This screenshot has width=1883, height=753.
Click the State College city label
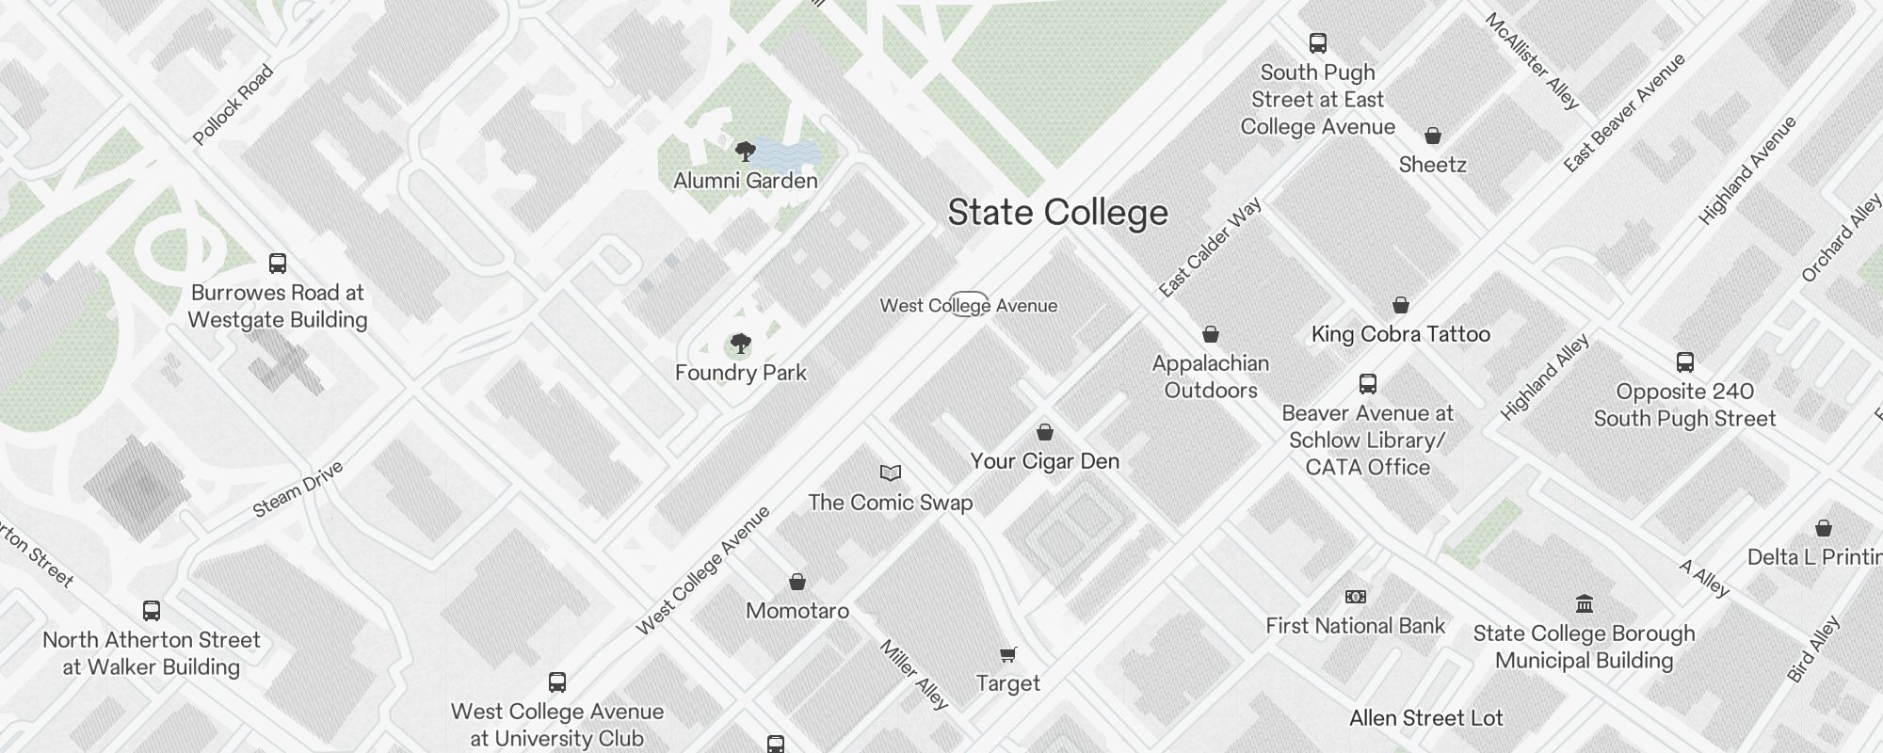point(1057,213)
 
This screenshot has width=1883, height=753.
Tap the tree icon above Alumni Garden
point(745,151)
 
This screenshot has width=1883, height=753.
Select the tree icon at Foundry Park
point(741,344)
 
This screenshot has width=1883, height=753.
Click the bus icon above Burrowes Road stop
point(278,263)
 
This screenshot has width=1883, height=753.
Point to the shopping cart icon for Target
point(1008,654)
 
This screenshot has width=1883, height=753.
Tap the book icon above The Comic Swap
point(891,473)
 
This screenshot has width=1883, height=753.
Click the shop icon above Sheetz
point(1433,136)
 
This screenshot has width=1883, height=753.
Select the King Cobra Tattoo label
point(1401,334)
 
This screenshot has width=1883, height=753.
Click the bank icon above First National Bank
point(1356,597)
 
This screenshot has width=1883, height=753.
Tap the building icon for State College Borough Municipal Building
point(1585,603)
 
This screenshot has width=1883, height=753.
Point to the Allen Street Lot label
point(1426,718)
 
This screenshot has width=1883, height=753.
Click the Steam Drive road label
point(298,489)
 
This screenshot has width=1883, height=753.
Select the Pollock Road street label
point(233,104)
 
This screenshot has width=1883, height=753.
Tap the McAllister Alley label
point(1532,61)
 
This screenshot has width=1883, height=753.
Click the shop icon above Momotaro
point(797,583)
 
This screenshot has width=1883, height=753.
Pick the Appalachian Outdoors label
point(1211,376)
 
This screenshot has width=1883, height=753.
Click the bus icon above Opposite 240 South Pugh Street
point(1685,362)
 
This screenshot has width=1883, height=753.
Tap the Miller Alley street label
point(913,674)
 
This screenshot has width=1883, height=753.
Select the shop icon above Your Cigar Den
point(1045,433)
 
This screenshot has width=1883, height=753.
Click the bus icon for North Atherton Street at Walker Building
point(152,611)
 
